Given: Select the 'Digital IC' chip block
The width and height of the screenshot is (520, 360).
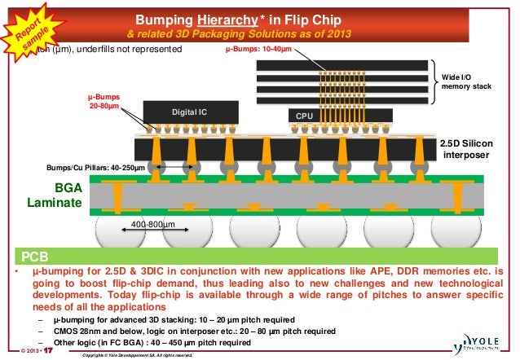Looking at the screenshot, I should [191, 112].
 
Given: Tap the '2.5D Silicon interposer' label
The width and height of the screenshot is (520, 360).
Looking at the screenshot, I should [467, 148].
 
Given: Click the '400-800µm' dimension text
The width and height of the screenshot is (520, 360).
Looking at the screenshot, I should [152, 225].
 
